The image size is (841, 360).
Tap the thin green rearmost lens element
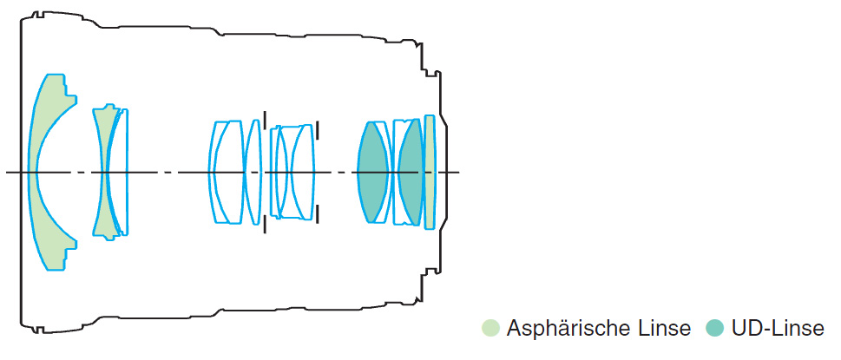pos(430,172)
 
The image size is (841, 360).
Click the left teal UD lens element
pos(372,172)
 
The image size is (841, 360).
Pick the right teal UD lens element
pos(411,172)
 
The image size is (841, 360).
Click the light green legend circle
pos(490,328)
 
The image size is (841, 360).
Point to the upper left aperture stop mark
pos(264,118)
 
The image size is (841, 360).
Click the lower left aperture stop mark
pos(264,225)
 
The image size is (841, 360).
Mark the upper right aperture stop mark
pos(318,130)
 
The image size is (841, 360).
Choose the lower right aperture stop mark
pos(318,213)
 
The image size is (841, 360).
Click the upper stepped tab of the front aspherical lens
pos(69,91)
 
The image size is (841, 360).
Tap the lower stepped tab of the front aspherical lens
pos(69,253)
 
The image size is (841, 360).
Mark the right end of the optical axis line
pos(459,172)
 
